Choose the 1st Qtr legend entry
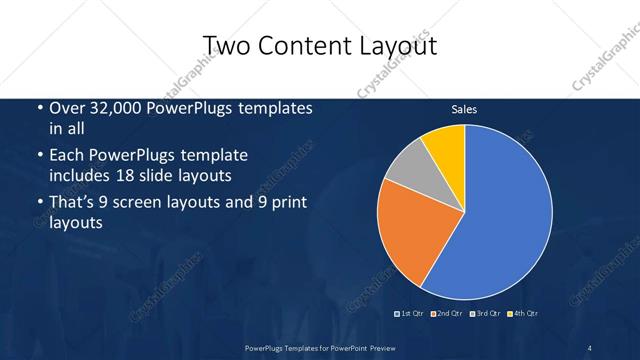[x=410, y=314]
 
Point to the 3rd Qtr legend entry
[x=485, y=314]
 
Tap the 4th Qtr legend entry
[x=523, y=314]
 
